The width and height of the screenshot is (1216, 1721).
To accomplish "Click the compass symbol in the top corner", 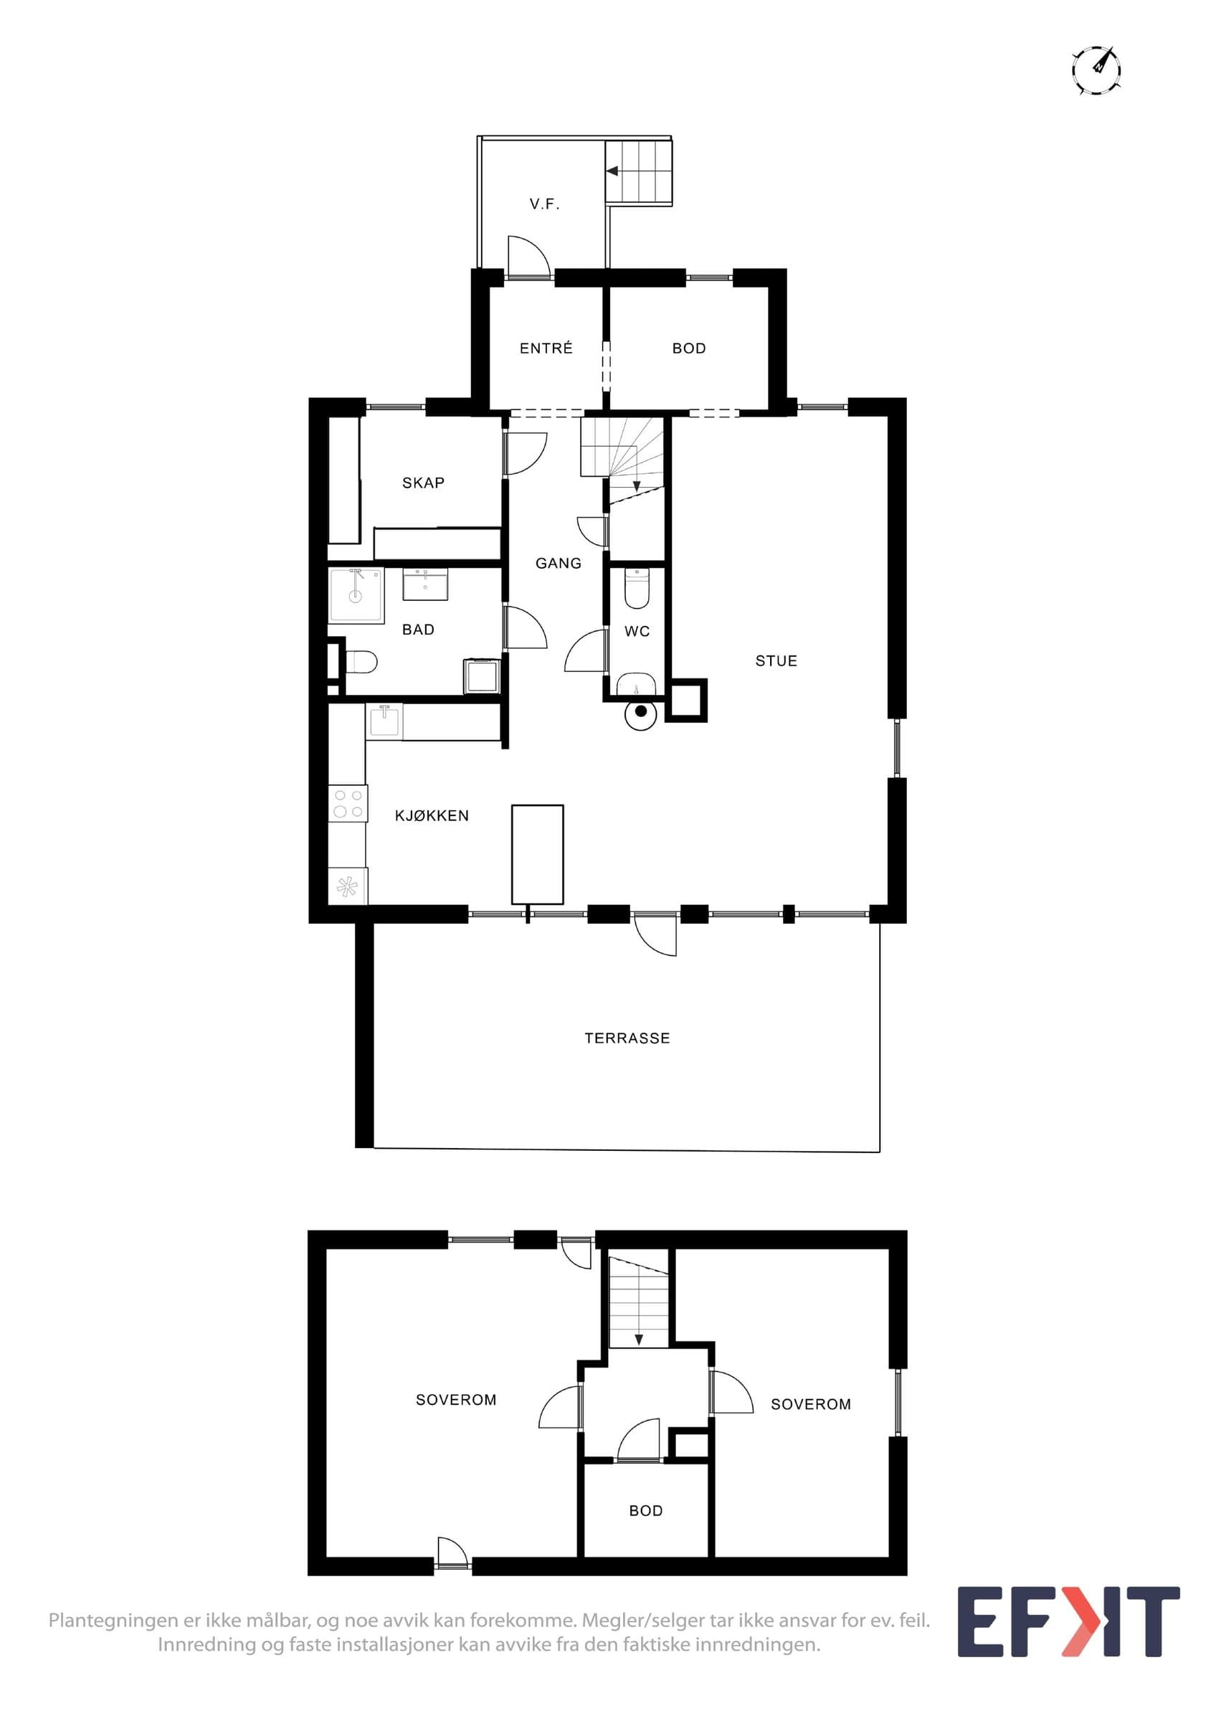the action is click(x=1096, y=70).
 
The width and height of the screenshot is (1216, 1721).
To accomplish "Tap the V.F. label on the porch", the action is click(x=545, y=204).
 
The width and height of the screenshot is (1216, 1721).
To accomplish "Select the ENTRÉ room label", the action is click(x=546, y=348).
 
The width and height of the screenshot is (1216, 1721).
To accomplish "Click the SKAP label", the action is click(x=423, y=483).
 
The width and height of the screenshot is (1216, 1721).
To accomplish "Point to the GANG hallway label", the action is click(x=559, y=563).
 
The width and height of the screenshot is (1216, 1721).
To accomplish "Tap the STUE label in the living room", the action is click(x=776, y=660).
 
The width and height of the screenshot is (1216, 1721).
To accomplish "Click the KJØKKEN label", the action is click(x=432, y=815).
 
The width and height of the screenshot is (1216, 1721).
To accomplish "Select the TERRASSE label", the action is click(x=627, y=1038).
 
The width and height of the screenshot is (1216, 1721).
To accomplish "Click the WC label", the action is click(x=637, y=631).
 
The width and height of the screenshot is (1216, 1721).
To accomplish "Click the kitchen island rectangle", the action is click(x=537, y=855).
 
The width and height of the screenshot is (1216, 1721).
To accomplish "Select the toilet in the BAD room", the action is click(x=361, y=663).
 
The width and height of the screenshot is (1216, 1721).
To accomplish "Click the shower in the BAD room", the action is click(x=356, y=595).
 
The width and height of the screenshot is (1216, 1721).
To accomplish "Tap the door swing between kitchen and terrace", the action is click(x=655, y=934).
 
